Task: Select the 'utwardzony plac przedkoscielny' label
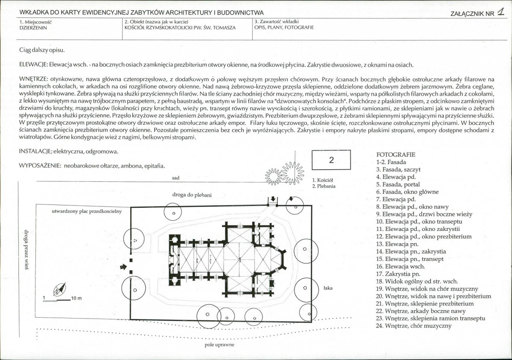pos(86,211)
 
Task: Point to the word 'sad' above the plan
pos(176,178)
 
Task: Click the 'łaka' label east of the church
pos(328,288)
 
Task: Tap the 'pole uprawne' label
pos(220,345)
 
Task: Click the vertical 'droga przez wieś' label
pos(26,250)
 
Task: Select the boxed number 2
pos(331,160)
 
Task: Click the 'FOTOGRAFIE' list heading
pos(396,154)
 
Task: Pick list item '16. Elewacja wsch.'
pos(400,266)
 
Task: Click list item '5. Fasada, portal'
pos(398,184)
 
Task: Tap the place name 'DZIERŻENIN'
pos(33,28)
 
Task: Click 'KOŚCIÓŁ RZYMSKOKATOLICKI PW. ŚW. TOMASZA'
pos(180,28)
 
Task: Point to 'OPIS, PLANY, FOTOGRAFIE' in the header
pos(284,27)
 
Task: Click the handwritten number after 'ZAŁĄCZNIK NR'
pos(500,12)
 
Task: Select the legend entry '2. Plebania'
pos(324,186)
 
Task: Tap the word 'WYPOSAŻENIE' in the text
pos(40,165)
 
